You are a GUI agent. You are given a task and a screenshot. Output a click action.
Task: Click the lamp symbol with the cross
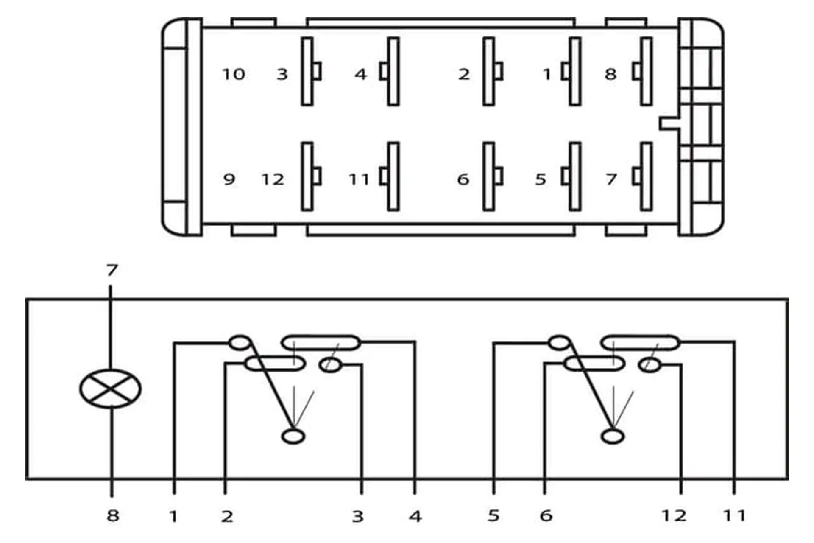[x=111, y=389]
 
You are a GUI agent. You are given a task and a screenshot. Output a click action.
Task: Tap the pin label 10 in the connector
[x=234, y=74]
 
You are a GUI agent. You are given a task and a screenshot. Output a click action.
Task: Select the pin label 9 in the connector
[x=229, y=179]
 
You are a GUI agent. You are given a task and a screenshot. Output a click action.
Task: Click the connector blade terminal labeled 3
[x=311, y=71]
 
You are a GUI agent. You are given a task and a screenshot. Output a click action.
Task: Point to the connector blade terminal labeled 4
[x=390, y=71]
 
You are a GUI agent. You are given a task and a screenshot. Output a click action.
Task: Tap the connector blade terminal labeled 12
[x=311, y=176]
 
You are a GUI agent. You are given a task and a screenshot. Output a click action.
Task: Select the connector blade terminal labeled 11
[x=390, y=176]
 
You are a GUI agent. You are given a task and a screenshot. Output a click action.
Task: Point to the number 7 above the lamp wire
[x=112, y=270]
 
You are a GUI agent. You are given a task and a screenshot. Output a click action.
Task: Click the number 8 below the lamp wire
[x=113, y=516]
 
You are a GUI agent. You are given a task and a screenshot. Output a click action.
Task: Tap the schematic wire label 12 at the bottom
[x=674, y=516]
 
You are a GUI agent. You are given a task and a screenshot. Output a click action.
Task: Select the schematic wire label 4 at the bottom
[x=415, y=516]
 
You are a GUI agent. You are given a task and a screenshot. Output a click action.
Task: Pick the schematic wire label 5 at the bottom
[x=493, y=516]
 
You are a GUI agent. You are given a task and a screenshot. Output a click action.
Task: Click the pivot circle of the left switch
[x=293, y=436]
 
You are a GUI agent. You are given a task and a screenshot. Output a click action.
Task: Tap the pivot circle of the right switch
[x=613, y=436]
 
